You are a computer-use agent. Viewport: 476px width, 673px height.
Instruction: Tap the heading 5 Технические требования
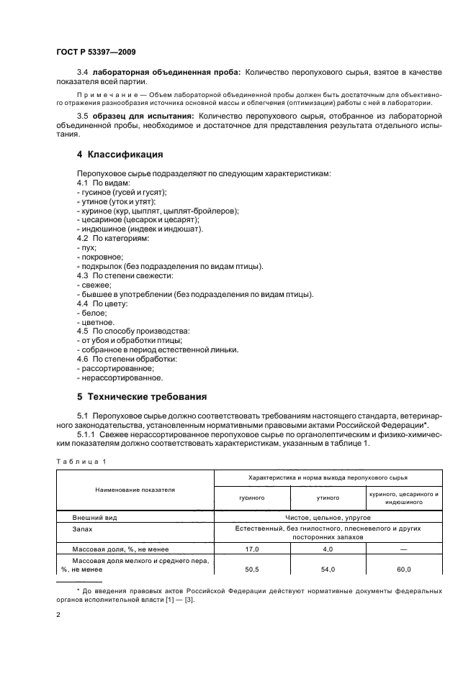coord(143,396)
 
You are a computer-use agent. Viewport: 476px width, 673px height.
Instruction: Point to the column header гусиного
coord(252,497)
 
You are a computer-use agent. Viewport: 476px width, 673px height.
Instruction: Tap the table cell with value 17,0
coord(252,549)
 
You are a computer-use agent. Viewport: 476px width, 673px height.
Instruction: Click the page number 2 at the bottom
coord(58,615)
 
